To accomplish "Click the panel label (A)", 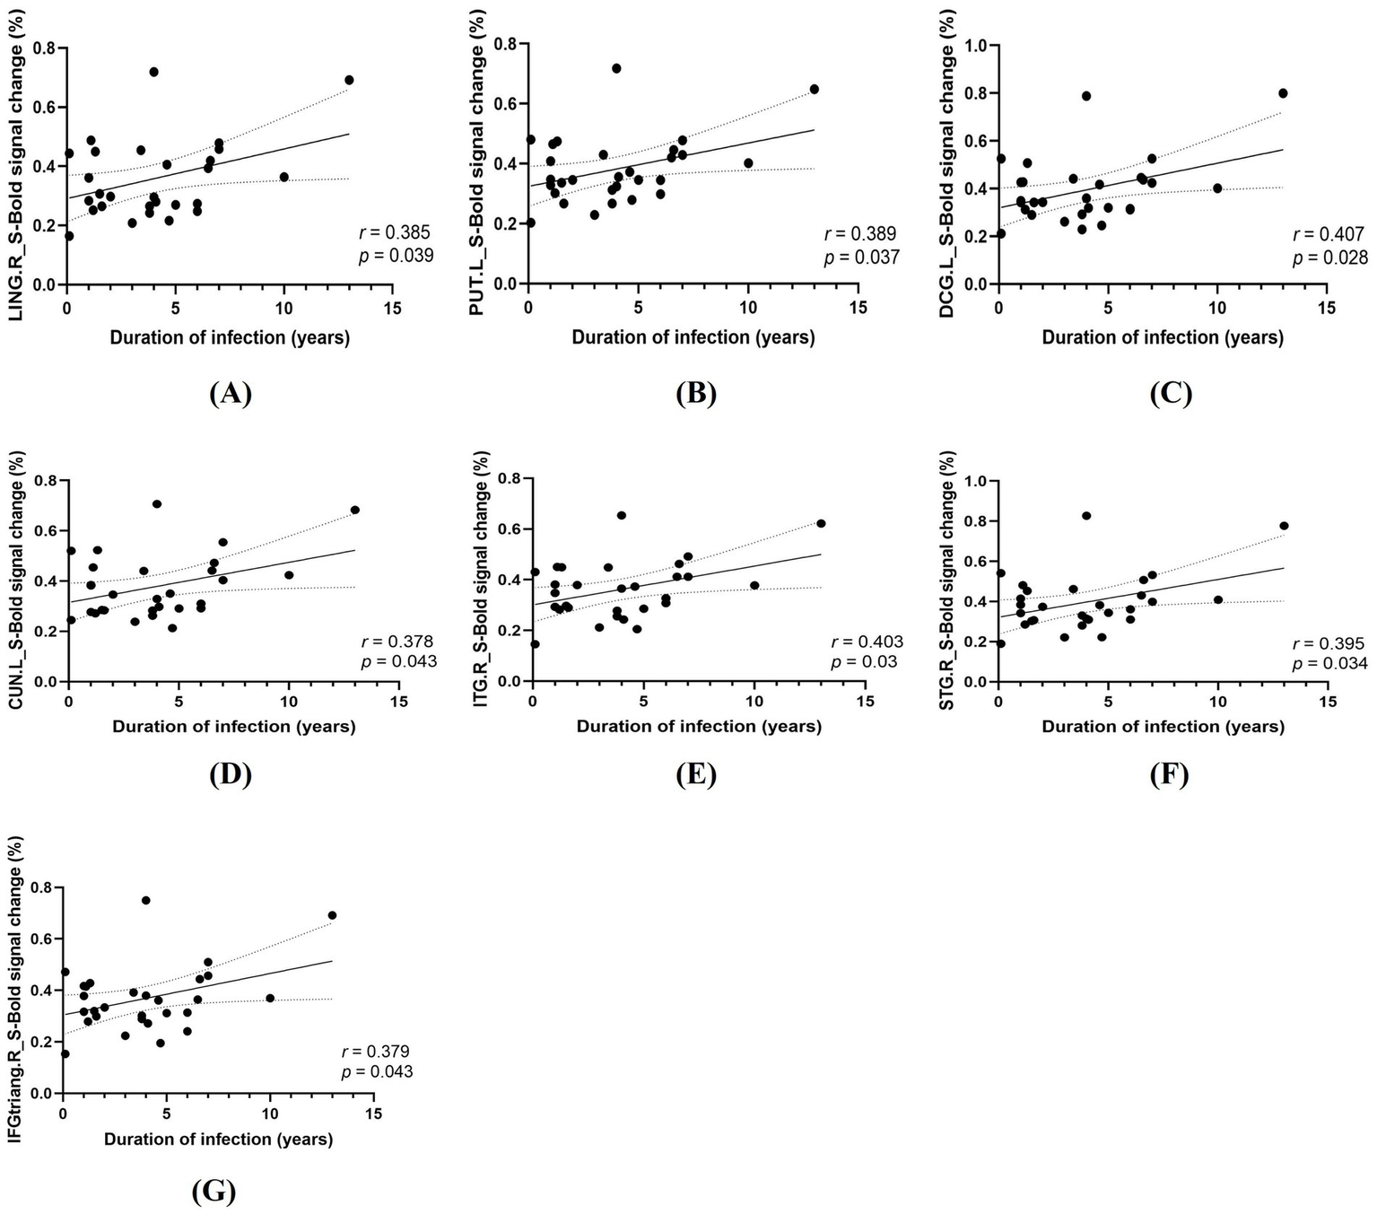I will point(230,394).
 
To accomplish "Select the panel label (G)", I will point(214,1191).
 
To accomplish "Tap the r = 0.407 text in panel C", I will point(1329,236).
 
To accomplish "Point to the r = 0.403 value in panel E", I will point(867,642).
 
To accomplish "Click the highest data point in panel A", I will point(153,72).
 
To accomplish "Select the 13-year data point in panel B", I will point(815,89).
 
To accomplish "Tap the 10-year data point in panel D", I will point(289,575).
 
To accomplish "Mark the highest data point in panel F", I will point(1086,516).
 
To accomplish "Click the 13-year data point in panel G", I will point(332,915).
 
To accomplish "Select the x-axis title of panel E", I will point(699,727).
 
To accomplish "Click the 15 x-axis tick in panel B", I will point(858,308).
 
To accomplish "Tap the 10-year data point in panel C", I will point(1217,188).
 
